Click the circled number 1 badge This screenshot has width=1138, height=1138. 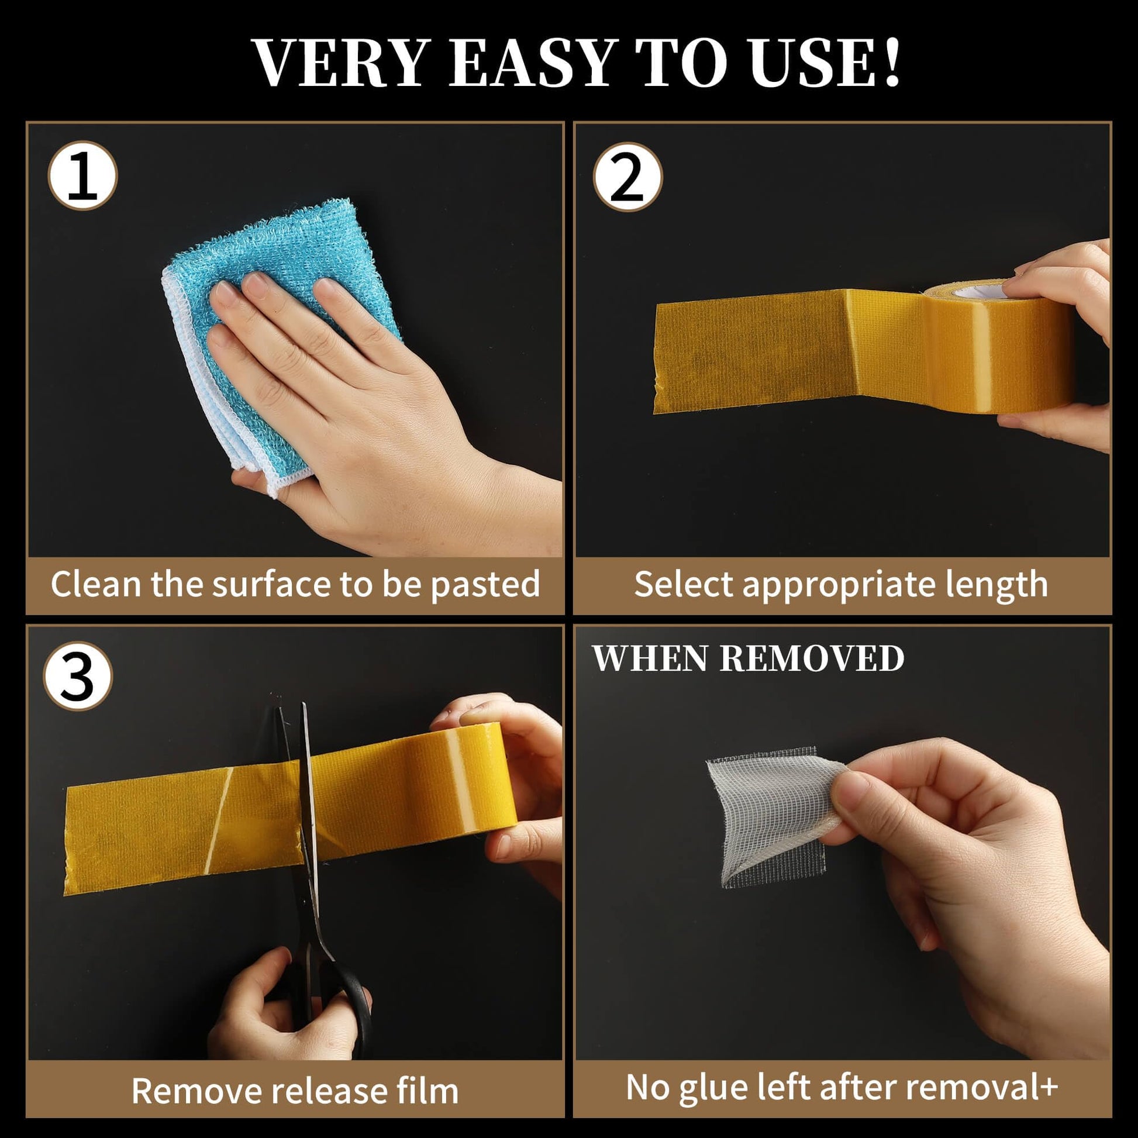point(82,175)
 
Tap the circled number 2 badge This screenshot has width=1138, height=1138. point(627,176)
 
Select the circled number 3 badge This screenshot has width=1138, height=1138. point(78,675)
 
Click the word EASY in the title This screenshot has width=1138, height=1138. point(533,63)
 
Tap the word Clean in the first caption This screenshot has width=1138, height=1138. point(96,584)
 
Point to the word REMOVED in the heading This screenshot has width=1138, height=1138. point(812,658)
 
